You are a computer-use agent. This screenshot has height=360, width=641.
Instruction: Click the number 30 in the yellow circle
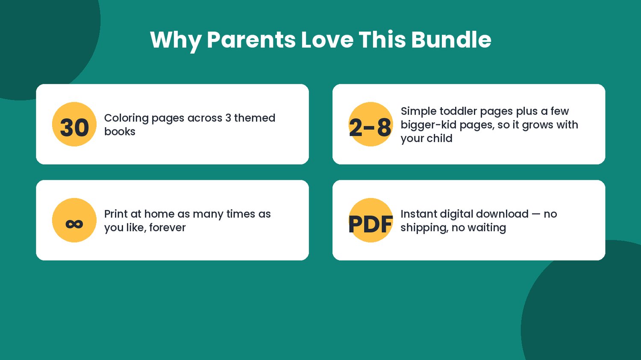[74, 128]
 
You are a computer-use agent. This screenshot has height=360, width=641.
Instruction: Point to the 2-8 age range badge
[370, 128]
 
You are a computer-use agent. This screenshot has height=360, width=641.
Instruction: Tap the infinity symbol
[74, 224]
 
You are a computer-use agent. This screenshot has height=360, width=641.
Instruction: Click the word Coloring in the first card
[126, 118]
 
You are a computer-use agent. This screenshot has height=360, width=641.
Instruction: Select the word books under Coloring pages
[120, 132]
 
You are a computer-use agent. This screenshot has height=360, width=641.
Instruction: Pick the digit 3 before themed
[228, 118]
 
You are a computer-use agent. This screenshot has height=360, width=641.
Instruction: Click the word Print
[116, 214]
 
